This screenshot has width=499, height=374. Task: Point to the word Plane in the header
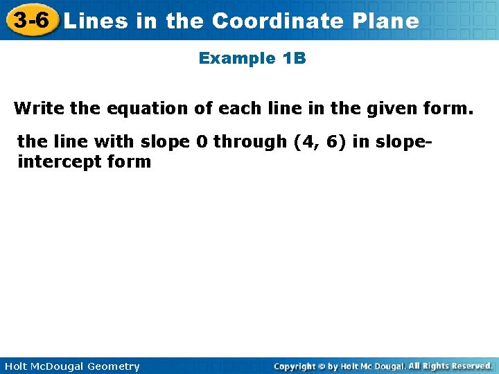[x=386, y=21]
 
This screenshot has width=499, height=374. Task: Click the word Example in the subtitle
[x=237, y=58]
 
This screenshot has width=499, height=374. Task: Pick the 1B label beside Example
[x=294, y=58]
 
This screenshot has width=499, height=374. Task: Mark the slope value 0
[x=202, y=141]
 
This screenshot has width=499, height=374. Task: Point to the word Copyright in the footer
[x=296, y=366]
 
